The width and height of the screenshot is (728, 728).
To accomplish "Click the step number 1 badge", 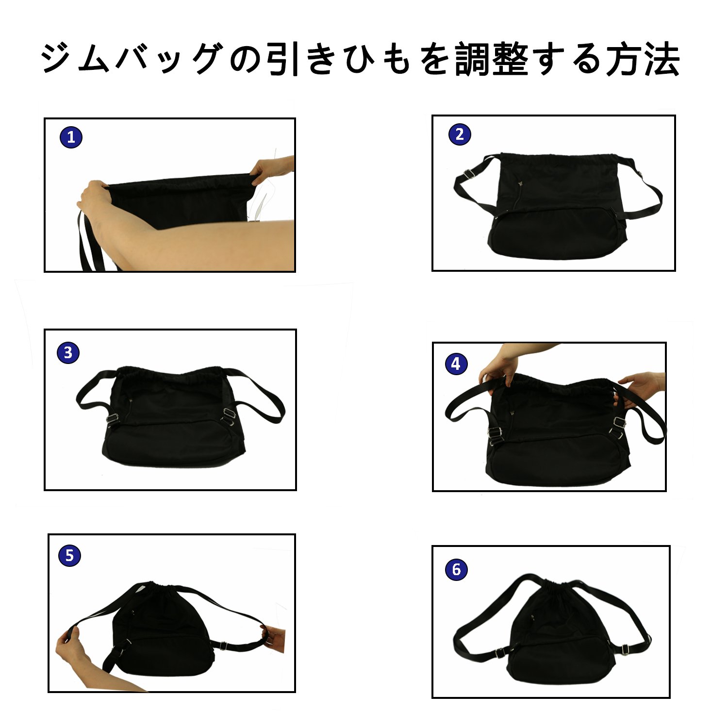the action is coord(71,137).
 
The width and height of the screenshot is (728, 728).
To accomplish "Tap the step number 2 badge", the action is coord(460,134).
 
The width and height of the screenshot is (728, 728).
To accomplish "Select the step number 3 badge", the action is coord(68,352).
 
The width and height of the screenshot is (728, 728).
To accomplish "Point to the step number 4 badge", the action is coord(456,364).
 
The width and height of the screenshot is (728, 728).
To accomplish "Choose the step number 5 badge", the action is coord(69,555).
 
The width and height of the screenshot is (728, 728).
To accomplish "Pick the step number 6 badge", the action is coord(456,569).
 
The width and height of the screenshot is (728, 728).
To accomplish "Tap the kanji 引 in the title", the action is coord(285,60).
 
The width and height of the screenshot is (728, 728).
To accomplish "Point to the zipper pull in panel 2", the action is coord(521,183).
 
